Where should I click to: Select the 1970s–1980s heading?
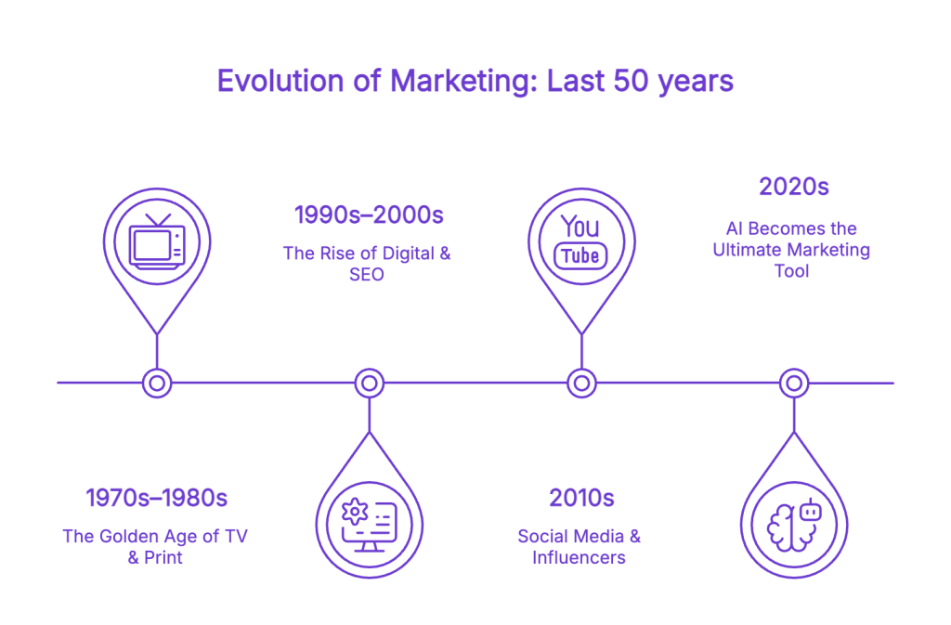(x=156, y=499)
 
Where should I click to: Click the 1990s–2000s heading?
(x=369, y=215)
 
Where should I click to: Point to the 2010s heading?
(x=581, y=499)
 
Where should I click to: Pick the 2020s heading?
(x=794, y=187)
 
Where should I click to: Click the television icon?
(x=157, y=241)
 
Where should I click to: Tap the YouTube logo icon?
(x=580, y=241)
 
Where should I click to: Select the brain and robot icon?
(x=794, y=525)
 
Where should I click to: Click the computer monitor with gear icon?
(x=369, y=525)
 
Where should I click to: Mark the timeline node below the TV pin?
(x=157, y=384)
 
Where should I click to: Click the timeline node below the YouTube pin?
(x=581, y=384)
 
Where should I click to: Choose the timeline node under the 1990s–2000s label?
(x=370, y=384)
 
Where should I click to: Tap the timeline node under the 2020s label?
(x=794, y=384)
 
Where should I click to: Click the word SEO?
(x=366, y=275)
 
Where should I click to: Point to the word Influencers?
(x=579, y=558)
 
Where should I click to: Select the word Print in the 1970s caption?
(x=163, y=558)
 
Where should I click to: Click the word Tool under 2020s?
(x=791, y=271)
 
